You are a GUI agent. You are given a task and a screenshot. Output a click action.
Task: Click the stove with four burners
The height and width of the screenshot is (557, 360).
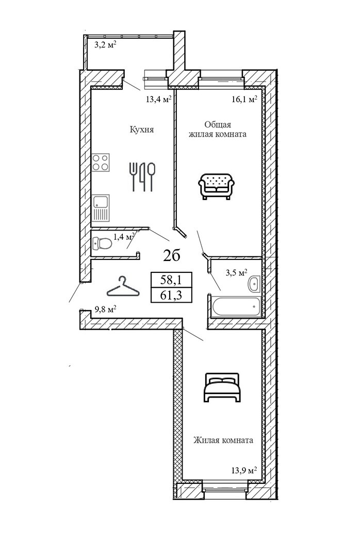[102, 162]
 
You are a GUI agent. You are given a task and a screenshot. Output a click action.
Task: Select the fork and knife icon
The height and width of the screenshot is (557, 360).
[141, 176]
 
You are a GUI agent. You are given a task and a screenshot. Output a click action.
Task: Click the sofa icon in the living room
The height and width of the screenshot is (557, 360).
[217, 185]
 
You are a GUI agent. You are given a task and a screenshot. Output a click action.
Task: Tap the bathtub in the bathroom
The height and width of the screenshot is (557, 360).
[235, 306]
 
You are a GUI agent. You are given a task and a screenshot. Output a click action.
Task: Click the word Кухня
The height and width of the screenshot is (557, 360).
[142, 130]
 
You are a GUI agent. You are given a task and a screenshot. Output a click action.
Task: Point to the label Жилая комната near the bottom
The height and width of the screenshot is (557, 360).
[223, 440]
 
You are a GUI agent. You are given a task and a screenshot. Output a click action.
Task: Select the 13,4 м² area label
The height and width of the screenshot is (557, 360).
[158, 100]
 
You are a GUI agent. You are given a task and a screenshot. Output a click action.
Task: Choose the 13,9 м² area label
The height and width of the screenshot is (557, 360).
[244, 470]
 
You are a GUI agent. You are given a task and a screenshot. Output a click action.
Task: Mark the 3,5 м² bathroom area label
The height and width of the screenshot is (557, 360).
[237, 272]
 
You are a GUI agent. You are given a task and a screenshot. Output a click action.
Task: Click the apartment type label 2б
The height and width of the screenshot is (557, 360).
[172, 255]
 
